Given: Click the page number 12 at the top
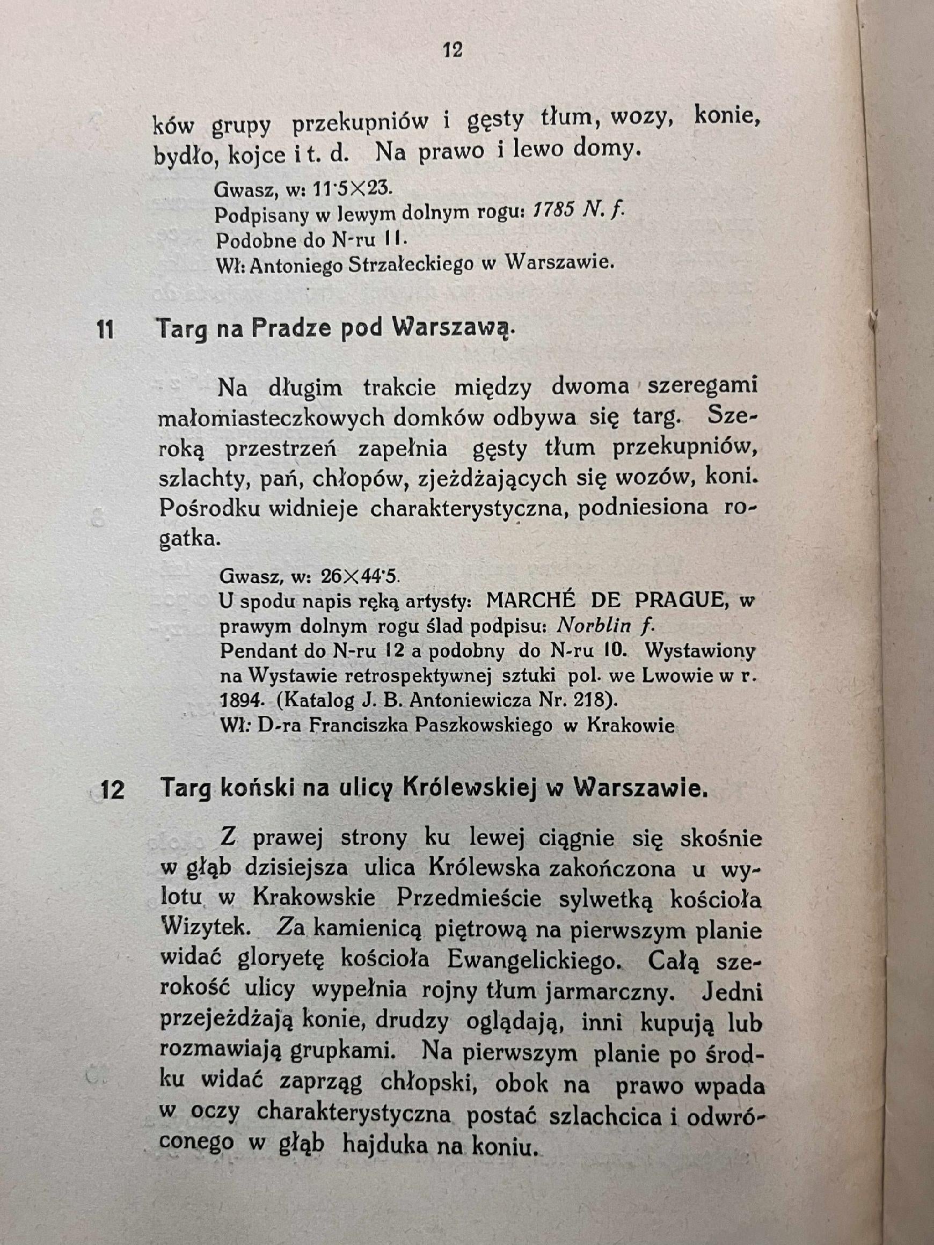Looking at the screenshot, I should [x=452, y=50].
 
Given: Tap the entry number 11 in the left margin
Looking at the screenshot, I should [x=105, y=329].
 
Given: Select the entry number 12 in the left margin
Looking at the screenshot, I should [x=112, y=790].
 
